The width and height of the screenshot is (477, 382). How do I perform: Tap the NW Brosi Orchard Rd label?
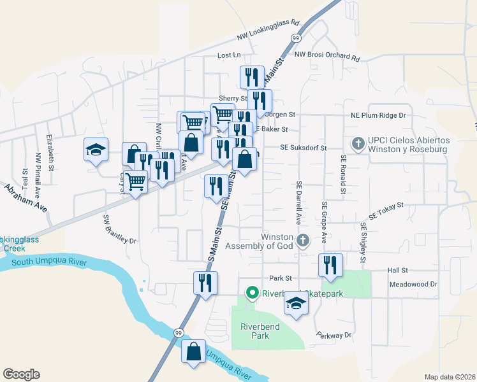[327, 55]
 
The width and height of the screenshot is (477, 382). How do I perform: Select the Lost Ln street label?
[229, 56]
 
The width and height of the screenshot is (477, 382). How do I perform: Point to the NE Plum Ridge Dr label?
[378, 115]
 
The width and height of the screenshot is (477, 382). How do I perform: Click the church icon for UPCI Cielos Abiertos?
[358, 145]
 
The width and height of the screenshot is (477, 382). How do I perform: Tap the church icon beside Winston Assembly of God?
[304, 241]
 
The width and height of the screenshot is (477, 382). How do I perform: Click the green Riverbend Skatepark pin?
[252, 294]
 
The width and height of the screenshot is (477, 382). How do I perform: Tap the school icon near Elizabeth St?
[96, 151]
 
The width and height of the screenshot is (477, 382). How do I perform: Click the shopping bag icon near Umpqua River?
[193, 351]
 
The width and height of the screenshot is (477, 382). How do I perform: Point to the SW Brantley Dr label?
[120, 230]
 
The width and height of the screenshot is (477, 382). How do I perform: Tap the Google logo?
[21, 374]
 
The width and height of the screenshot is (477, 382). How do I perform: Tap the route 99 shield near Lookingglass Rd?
[296, 38]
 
